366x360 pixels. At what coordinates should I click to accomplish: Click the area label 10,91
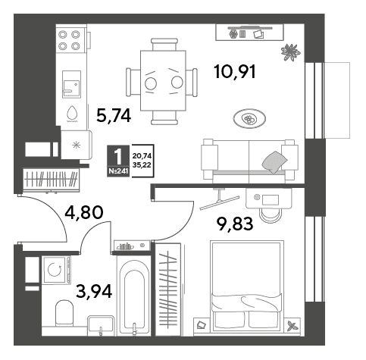pyautogui.click(x=235, y=72)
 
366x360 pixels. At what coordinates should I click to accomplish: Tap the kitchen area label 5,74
pyautogui.click(x=114, y=116)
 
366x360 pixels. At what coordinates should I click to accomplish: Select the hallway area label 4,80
pyautogui.click(x=84, y=212)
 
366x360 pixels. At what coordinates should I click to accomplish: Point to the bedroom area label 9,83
pyautogui.click(x=235, y=224)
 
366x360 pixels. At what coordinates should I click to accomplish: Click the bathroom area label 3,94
pyautogui.click(x=94, y=292)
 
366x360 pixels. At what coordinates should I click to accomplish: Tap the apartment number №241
pyautogui.click(x=118, y=171)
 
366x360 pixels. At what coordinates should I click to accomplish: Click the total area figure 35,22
pyautogui.click(x=142, y=165)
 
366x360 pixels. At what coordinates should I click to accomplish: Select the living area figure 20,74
pyautogui.click(x=142, y=156)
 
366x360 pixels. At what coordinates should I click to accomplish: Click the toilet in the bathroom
pyautogui.click(x=64, y=313)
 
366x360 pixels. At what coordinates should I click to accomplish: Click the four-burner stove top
pyautogui.click(x=69, y=40)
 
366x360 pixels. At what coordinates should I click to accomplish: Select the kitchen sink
pyautogui.click(x=71, y=84)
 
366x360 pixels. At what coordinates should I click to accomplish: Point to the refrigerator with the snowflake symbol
pyautogui.click(x=77, y=145)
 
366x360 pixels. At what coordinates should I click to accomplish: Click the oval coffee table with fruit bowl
pyautogui.click(x=249, y=118)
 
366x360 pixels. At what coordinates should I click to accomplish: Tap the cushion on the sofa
pyautogui.click(x=274, y=161)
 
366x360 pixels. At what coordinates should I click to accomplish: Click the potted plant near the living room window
pyautogui.click(x=291, y=52)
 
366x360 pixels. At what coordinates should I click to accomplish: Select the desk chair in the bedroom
pyautogui.click(x=271, y=215)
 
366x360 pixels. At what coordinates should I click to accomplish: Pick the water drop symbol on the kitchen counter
pyautogui.click(x=72, y=113)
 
